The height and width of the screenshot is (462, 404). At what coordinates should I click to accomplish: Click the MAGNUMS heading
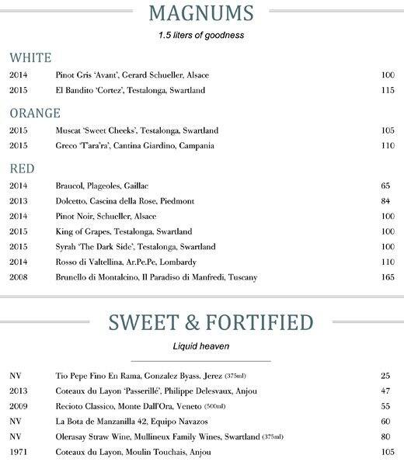click(201, 14)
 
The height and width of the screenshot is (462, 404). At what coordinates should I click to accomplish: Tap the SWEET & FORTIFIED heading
click(201, 322)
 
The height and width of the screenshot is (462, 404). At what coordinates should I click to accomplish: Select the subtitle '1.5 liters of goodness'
click(201, 36)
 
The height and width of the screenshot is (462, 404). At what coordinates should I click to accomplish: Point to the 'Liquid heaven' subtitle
click(201, 345)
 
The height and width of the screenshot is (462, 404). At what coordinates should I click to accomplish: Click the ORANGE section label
click(34, 113)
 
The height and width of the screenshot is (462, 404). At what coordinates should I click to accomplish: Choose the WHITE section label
click(30, 57)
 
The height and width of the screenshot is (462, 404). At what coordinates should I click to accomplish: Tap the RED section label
click(22, 168)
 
